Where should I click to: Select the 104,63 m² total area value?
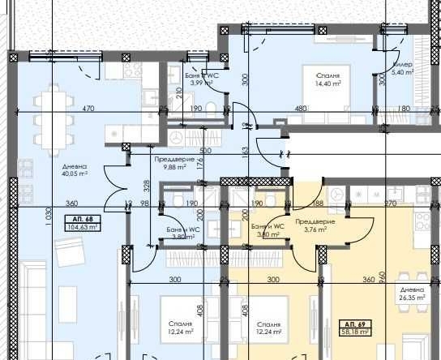(83, 228)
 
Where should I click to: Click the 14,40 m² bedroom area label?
(328, 83)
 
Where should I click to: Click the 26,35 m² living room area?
(412, 297)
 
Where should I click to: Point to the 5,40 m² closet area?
(403, 73)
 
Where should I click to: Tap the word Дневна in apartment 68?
(74, 165)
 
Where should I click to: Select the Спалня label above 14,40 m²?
(328, 74)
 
